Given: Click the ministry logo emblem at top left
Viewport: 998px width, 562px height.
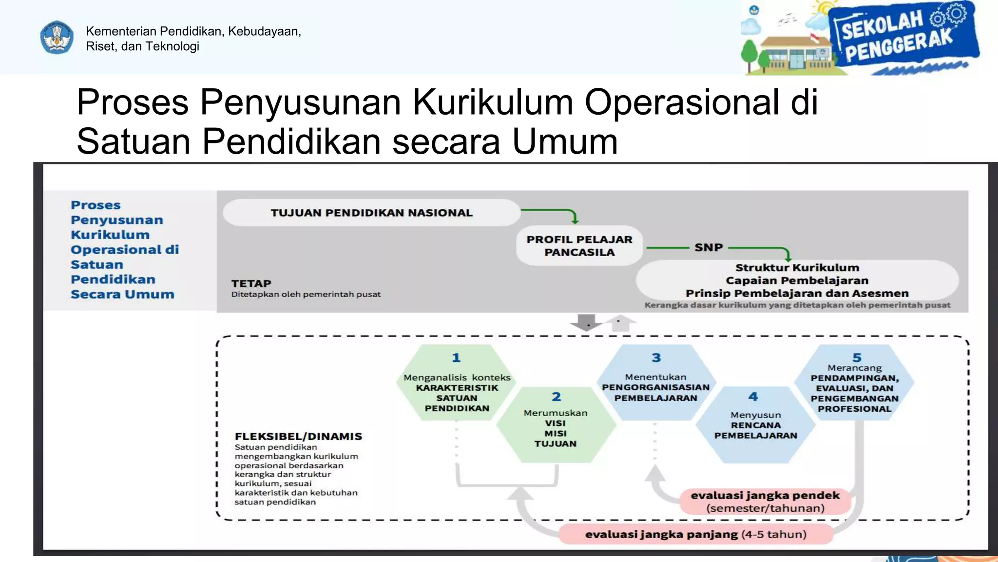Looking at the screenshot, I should [x=57, y=38].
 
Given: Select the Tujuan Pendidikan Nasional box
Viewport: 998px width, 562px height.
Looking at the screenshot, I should [x=371, y=213].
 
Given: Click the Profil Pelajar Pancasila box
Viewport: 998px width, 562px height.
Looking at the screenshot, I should [x=579, y=246].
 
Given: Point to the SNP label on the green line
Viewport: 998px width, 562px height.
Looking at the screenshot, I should [x=709, y=247].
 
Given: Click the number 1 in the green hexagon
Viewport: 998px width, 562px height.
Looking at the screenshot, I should [x=456, y=358].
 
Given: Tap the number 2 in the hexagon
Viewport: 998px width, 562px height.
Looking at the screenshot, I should [x=556, y=397].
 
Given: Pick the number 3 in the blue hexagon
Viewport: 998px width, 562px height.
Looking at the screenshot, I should [x=656, y=358].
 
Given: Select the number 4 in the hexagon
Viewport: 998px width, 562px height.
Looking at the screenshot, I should [x=753, y=397].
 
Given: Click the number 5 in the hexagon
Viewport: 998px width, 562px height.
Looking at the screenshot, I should [x=857, y=358].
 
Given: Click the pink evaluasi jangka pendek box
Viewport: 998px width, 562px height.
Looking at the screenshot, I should [x=765, y=502].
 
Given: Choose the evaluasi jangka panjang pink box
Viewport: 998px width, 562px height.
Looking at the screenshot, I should [x=695, y=534].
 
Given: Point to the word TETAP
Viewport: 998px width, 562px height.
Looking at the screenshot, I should [x=251, y=283].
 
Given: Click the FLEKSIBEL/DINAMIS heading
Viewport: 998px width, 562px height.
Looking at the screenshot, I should [x=298, y=436].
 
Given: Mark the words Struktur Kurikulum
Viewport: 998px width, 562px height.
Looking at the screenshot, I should [x=797, y=267].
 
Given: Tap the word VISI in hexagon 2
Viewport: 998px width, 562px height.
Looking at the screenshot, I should [x=556, y=423].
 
